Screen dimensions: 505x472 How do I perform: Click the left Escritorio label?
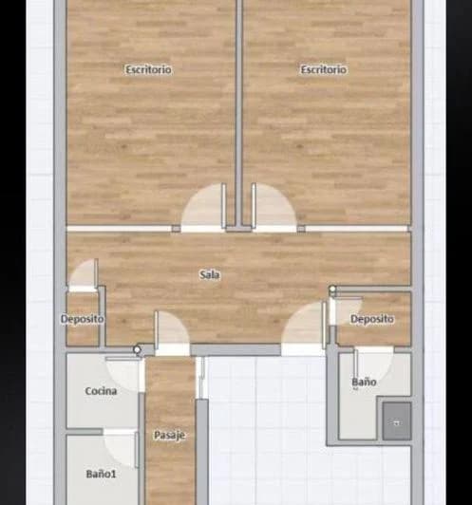(x=149, y=69)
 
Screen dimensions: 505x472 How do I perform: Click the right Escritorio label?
(x=324, y=69)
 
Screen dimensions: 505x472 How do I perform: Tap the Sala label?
(x=210, y=275)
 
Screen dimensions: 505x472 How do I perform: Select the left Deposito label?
(x=83, y=319)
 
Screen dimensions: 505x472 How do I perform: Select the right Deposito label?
(x=371, y=319)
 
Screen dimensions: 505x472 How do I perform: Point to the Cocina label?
(x=101, y=391)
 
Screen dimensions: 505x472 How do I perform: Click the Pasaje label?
(x=169, y=435)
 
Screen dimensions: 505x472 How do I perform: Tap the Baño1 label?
(x=100, y=473)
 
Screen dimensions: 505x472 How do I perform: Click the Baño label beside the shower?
(x=364, y=382)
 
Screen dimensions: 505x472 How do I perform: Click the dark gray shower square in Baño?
(x=397, y=421)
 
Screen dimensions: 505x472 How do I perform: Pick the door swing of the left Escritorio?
(x=203, y=209)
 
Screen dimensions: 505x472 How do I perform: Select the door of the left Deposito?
(x=85, y=275)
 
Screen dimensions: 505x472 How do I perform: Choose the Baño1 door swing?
(x=122, y=447)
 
